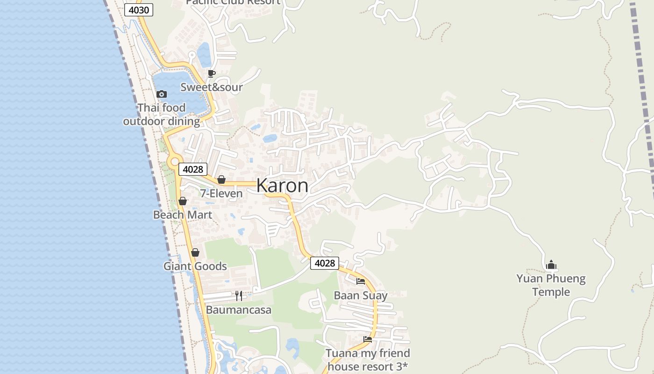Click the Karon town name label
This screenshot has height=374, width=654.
282,186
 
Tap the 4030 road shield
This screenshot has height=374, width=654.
139,10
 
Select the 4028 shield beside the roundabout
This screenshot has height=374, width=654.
192,169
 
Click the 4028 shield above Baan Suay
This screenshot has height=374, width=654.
325,263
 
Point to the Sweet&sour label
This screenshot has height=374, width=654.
212,87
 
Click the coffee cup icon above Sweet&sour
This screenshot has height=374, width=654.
212,73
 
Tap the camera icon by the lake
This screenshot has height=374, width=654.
162,94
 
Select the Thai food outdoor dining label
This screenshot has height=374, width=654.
162,115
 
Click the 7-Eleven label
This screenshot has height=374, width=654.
221,194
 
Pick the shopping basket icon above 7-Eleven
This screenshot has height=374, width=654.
221,180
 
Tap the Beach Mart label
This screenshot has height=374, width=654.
183,215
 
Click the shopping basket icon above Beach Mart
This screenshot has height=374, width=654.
183,201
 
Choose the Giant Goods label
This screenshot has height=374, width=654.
195,266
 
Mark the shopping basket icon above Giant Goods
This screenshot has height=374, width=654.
195,252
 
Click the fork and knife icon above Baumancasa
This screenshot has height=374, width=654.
239,295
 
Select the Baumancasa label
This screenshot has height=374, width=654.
239,310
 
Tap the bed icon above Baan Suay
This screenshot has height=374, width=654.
361,281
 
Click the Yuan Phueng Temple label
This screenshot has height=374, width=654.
551,285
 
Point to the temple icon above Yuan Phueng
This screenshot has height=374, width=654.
551,265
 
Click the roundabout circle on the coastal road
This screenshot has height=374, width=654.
175,162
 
